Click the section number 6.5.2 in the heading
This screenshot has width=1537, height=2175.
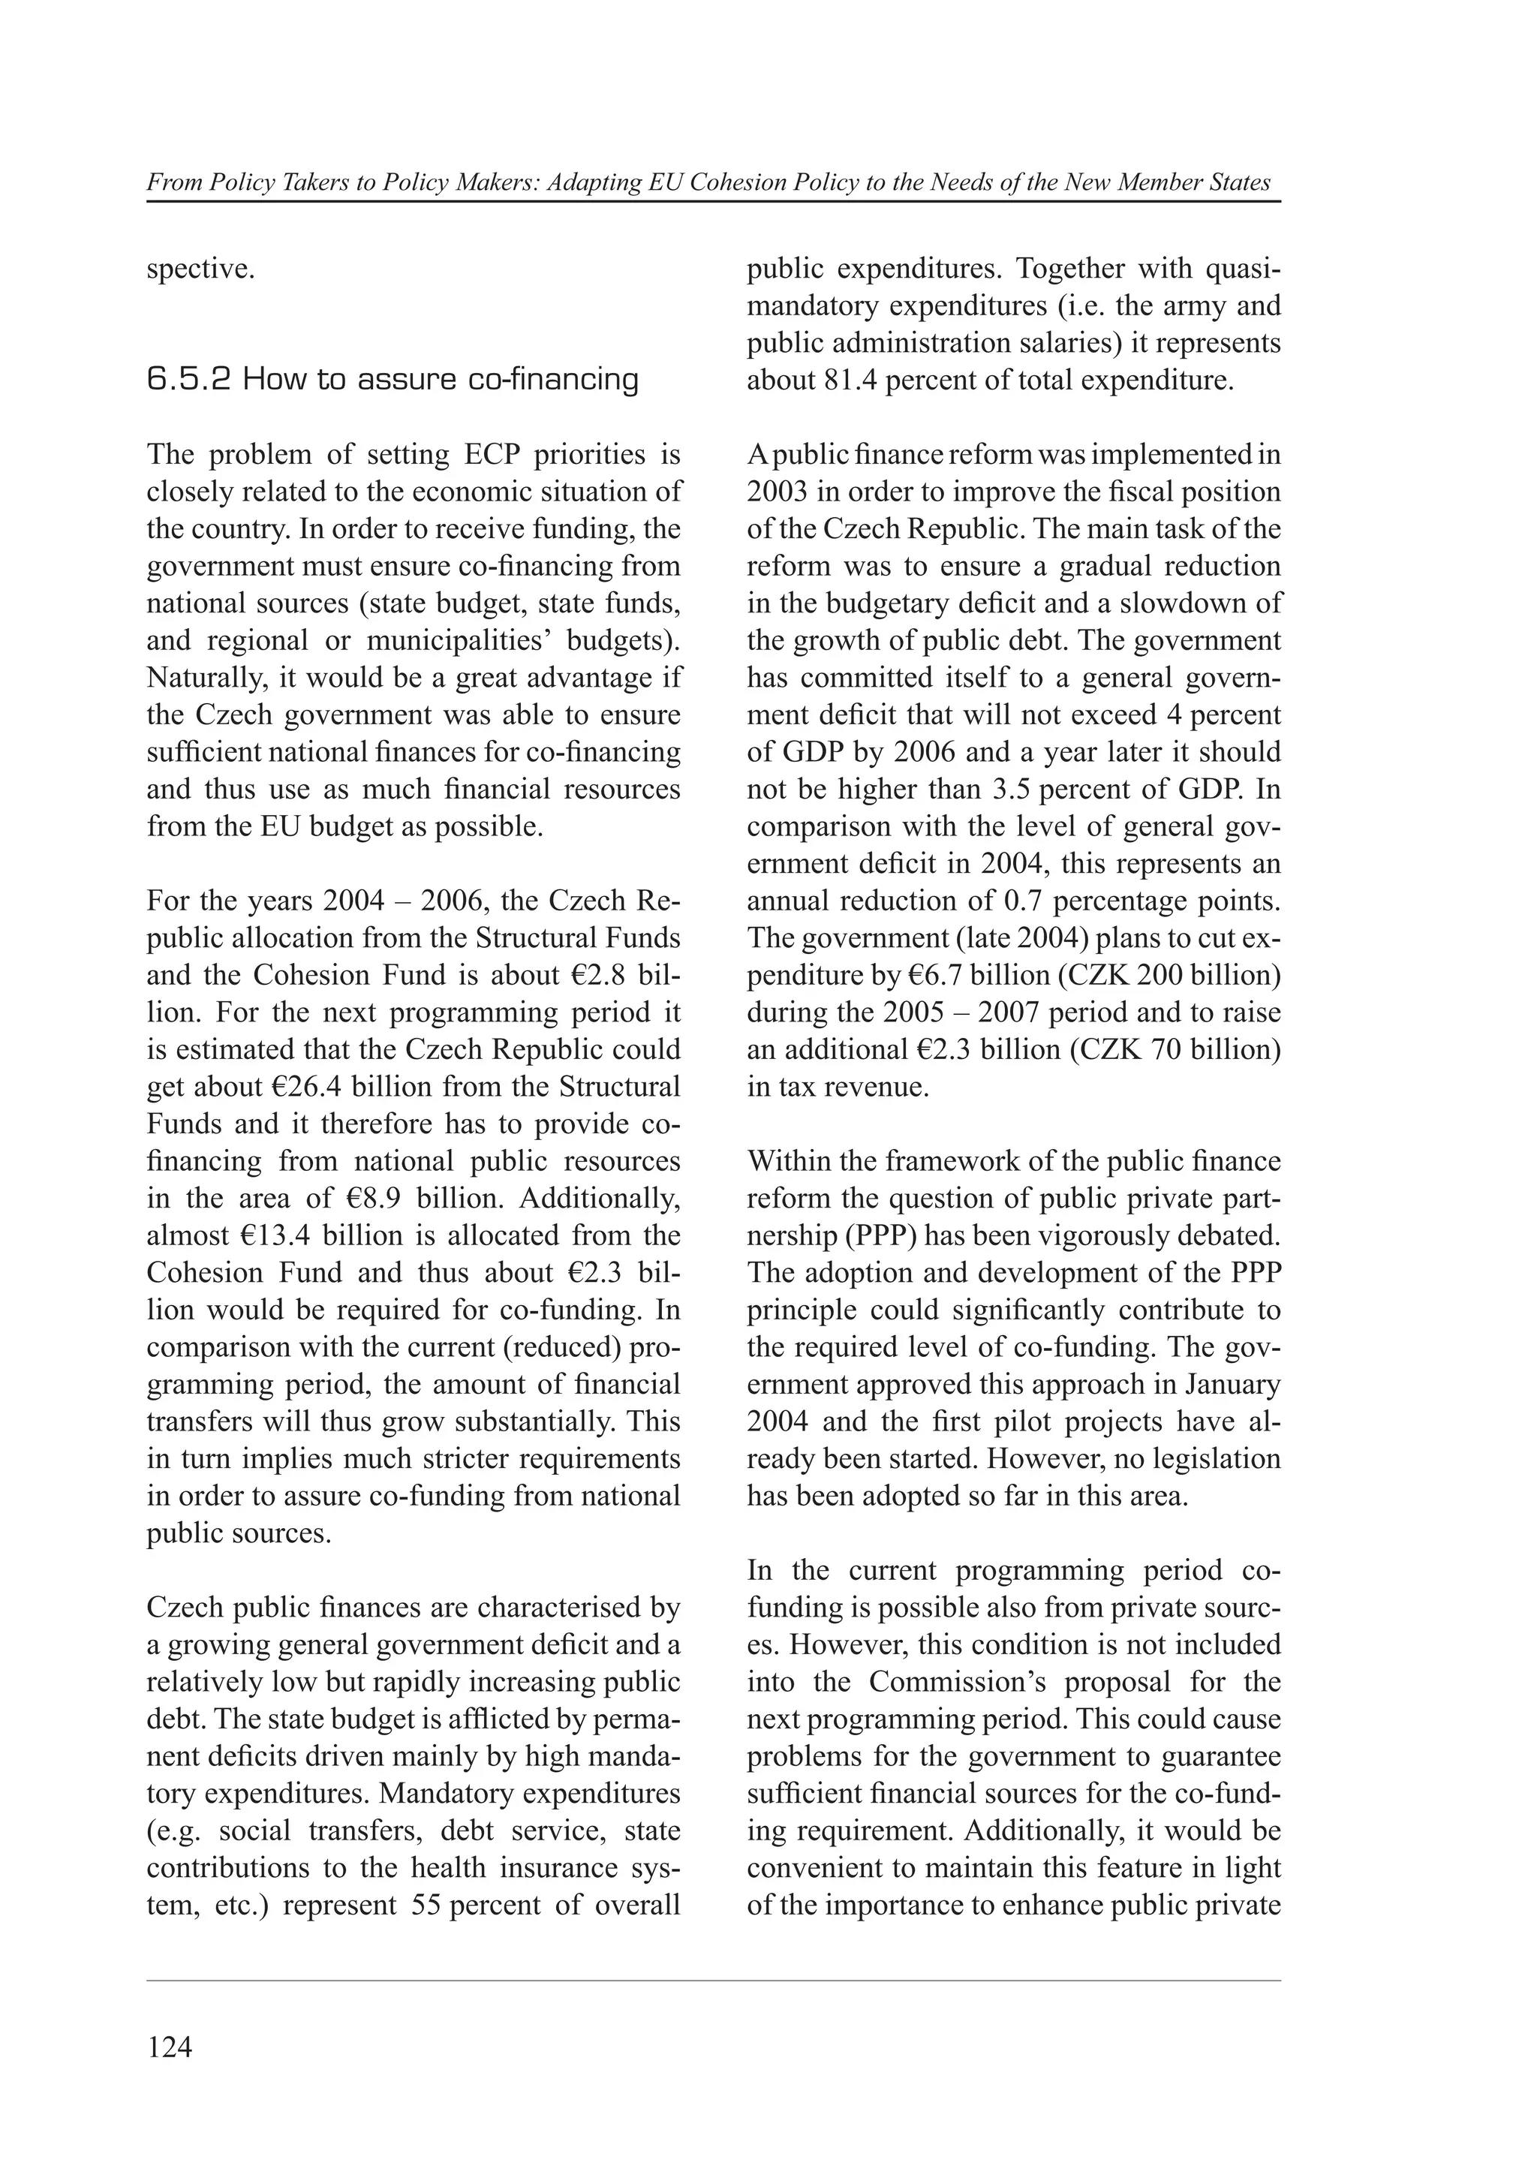pos(188,380)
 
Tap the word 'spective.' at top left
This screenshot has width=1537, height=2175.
pos(201,269)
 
